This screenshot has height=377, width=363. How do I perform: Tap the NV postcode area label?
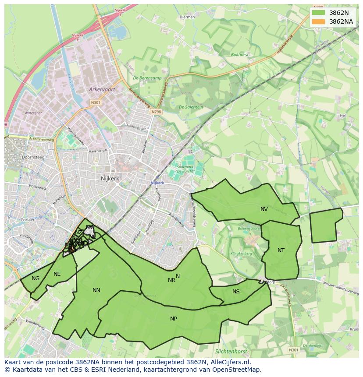coord(264,209)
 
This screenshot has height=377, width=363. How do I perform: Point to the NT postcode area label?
coord(281,250)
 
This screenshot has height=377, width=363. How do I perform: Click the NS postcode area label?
coord(236,292)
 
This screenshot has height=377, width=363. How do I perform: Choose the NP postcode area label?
coord(174,319)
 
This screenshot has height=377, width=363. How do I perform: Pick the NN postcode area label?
coord(96,290)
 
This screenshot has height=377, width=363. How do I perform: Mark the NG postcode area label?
coord(36,278)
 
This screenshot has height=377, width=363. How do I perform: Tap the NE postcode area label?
coord(57,274)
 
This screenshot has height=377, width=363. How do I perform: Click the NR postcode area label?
coord(171,280)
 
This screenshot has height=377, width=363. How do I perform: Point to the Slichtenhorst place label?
coord(231,352)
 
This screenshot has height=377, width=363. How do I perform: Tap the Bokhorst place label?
coord(240,55)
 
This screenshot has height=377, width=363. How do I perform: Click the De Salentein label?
coord(191,107)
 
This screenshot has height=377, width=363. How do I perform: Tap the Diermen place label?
coord(187,17)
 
